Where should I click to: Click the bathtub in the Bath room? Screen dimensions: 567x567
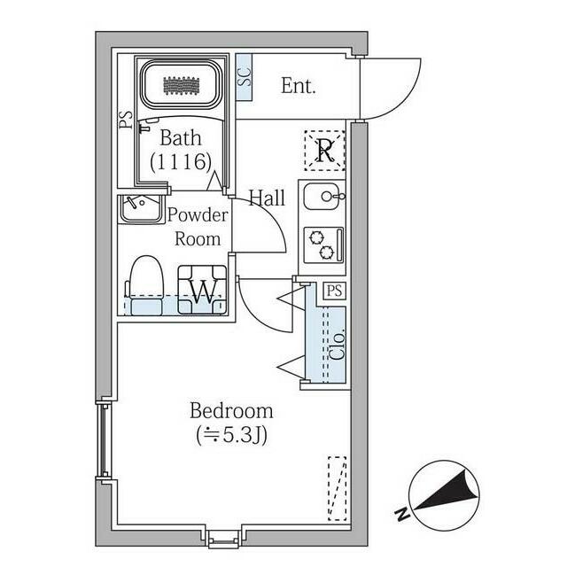click(181, 85)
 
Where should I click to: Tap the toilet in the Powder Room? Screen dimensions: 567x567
click(144, 285)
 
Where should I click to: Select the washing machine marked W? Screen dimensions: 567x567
click(203, 290)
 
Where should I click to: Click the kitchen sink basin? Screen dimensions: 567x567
click(322, 197)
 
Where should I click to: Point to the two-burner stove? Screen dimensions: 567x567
click(322, 245)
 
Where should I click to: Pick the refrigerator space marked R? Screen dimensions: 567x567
click(324, 150)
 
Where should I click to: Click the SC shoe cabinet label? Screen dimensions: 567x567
click(245, 77)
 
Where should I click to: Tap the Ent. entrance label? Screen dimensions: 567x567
click(299, 86)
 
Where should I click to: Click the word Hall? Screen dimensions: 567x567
click(267, 198)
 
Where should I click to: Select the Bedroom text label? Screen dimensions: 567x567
click(231, 411)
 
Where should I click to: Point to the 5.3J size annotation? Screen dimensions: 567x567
click(232, 436)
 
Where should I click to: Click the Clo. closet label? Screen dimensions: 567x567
click(338, 345)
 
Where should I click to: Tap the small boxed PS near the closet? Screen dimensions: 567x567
click(335, 291)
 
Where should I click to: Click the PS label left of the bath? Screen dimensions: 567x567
click(126, 120)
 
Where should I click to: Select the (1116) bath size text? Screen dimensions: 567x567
click(181, 161)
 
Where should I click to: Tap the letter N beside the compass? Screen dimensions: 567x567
click(401, 514)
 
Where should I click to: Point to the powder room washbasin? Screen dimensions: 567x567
click(140, 209)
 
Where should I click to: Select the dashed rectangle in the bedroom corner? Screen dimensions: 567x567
click(338, 488)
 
